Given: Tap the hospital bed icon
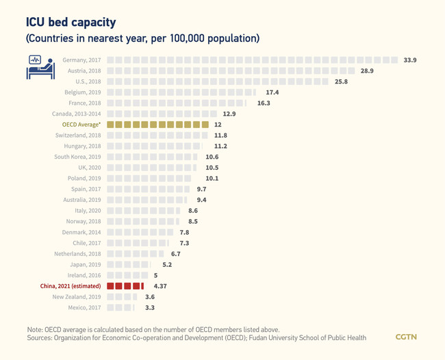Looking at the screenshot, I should tap(40, 67).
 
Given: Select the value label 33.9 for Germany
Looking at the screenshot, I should tap(410, 60).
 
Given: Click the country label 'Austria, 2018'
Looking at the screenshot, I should tap(84, 71).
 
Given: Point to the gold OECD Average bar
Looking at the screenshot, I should tap(157, 125).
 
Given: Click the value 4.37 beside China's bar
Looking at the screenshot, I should tap(161, 285).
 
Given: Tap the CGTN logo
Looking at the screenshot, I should tap(406, 337).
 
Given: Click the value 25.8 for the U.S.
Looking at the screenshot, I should tap(341, 81).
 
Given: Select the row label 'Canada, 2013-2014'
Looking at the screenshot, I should tap(76, 114).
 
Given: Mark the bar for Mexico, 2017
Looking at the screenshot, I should tap(120, 307).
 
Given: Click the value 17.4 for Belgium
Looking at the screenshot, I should tap(272, 92).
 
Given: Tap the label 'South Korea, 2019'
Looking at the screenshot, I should tap(77, 157).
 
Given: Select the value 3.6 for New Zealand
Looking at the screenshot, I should tap(150, 296).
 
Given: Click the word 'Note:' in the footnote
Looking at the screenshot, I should tap(37, 329).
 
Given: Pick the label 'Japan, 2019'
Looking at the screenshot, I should tap(86, 264).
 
